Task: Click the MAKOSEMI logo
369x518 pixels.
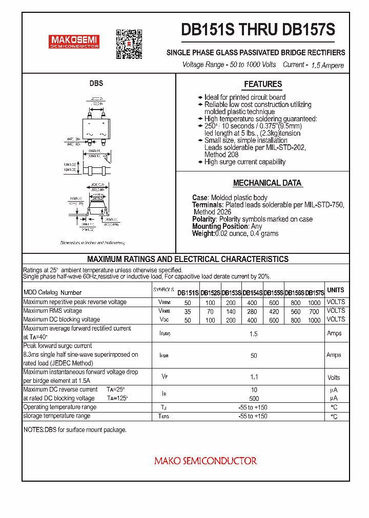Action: (x=74, y=41)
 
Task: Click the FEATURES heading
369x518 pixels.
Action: (x=263, y=84)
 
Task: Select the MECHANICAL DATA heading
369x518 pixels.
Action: (x=267, y=183)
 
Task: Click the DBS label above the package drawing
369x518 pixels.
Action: (x=96, y=83)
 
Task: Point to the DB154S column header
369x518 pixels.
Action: (x=252, y=293)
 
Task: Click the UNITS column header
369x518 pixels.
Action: (x=336, y=290)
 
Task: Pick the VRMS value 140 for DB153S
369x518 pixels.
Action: (x=231, y=311)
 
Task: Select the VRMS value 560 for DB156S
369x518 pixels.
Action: (x=295, y=311)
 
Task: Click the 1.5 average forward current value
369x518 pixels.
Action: (x=253, y=334)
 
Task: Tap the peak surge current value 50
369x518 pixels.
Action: (x=253, y=355)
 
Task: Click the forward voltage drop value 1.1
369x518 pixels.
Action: (x=253, y=377)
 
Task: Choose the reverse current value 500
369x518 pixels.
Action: (x=254, y=398)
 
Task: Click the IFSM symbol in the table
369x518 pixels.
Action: (x=164, y=355)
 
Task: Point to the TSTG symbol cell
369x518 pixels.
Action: (x=164, y=417)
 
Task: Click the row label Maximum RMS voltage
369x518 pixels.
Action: (x=52, y=311)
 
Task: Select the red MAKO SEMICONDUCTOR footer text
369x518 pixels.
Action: (x=206, y=461)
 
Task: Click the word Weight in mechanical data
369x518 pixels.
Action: (x=202, y=233)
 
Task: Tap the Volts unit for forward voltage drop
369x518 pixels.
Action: (x=334, y=378)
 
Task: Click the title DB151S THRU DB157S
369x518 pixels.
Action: (x=258, y=30)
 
